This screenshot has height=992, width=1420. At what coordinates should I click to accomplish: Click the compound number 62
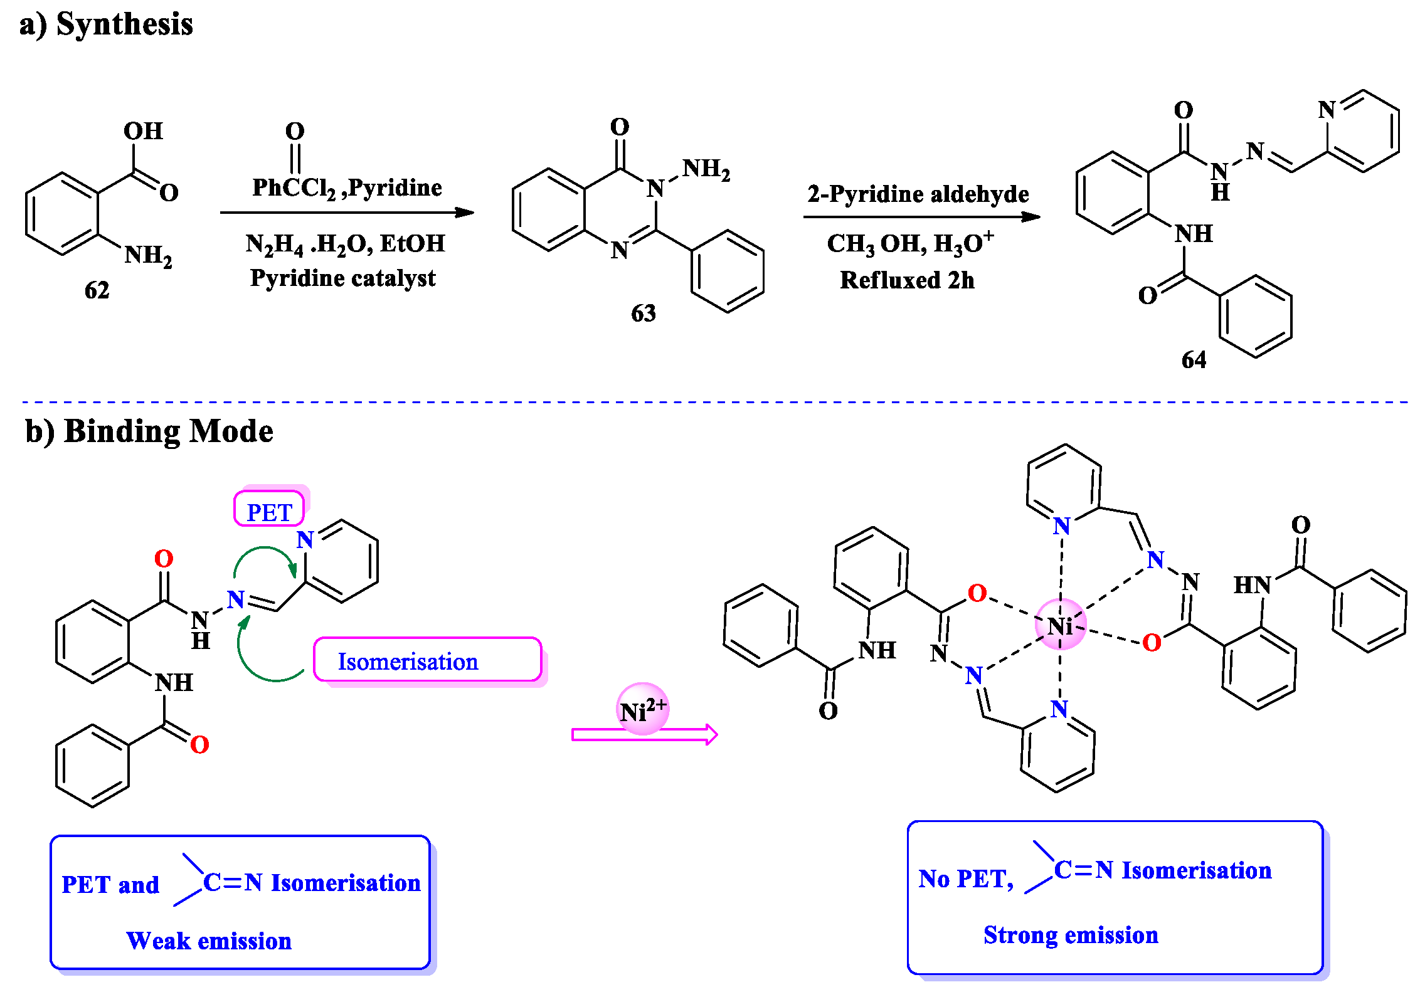[97, 290]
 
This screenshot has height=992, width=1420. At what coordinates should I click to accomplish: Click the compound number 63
[643, 313]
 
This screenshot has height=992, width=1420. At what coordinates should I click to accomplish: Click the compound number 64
[1193, 360]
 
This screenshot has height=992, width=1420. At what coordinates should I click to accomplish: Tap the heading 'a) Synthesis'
[106, 24]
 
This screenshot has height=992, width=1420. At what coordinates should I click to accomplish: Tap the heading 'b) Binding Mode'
[149, 431]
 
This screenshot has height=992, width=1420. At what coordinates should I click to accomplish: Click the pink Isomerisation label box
[427, 661]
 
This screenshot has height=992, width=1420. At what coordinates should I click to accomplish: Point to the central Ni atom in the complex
[1060, 625]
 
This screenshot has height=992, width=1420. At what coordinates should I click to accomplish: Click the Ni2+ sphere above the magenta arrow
[642, 709]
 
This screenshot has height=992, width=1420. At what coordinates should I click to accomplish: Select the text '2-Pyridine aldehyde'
[918, 194]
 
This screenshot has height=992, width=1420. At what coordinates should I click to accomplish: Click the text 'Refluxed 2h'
[907, 280]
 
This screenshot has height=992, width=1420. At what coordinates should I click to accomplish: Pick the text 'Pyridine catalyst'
[342, 278]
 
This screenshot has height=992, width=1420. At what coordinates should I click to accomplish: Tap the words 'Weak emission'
[209, 941]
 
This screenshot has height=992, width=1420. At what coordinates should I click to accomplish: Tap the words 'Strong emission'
[1070, 935]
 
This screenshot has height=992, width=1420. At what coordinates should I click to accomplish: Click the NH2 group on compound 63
[706, 169]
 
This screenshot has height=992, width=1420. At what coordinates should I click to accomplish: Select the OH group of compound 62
[143, 131]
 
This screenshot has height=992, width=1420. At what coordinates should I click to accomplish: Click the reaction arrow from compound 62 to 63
[346, 213]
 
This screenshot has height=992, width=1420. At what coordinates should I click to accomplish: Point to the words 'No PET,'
[965, 879]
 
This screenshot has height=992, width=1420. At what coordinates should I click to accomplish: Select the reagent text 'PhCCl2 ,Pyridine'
[347, 187]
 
